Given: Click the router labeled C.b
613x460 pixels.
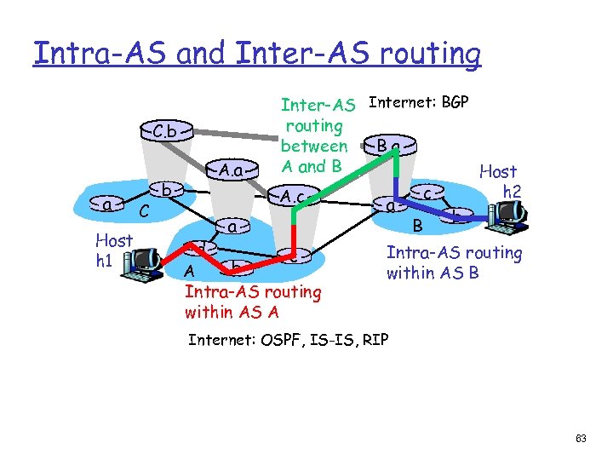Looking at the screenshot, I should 166,132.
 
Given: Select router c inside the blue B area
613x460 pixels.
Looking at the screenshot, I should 433,193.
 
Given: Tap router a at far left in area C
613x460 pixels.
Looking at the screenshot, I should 108,205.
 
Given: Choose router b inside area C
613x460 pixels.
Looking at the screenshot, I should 169,188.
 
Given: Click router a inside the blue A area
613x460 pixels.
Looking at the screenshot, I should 231,227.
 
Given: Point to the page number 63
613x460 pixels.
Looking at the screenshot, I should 581,439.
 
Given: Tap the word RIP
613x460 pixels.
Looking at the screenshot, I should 375,340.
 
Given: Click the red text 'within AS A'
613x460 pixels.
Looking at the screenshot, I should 232,312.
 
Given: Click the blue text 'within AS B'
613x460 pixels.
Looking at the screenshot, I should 433,273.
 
